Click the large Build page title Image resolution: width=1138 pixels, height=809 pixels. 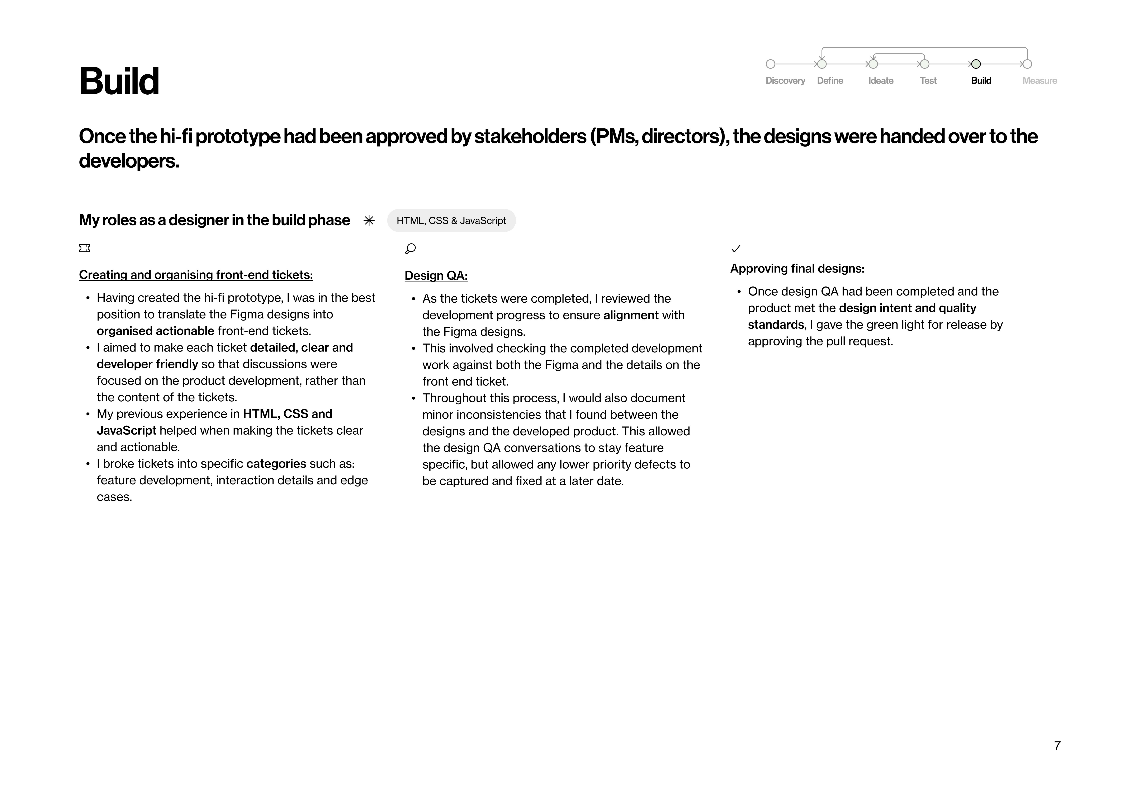coord(119,81)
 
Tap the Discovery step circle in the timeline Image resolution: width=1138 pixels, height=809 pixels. coord(770,64)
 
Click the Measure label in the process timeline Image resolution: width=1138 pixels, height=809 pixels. coord(1039,81)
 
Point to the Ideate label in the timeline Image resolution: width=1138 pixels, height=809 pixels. coord(880,81)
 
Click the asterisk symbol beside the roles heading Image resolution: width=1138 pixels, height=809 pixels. coord(369,221)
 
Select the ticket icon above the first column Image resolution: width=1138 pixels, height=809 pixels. coord(85,248)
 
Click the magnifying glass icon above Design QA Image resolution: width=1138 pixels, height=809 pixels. coord(411,249)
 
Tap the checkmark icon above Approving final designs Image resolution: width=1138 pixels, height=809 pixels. coord(736,249)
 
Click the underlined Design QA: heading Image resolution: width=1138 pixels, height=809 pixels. coord(436,275)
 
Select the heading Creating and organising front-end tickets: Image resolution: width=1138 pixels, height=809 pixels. coord(196,275)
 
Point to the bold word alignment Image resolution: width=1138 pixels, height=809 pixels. coord(631,315)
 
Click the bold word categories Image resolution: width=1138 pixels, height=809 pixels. coord(276,464)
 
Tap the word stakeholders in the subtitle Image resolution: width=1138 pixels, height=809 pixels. coord(530,137)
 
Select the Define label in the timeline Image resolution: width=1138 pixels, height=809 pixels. coord(830,81)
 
